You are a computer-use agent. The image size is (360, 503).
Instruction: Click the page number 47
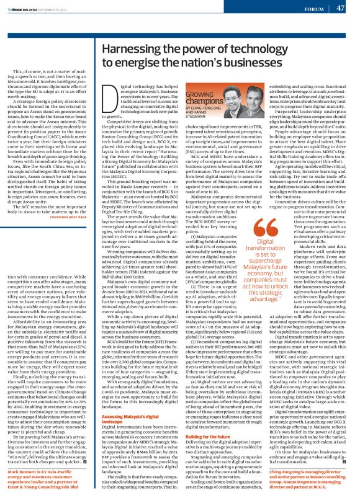pos(340,8)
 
